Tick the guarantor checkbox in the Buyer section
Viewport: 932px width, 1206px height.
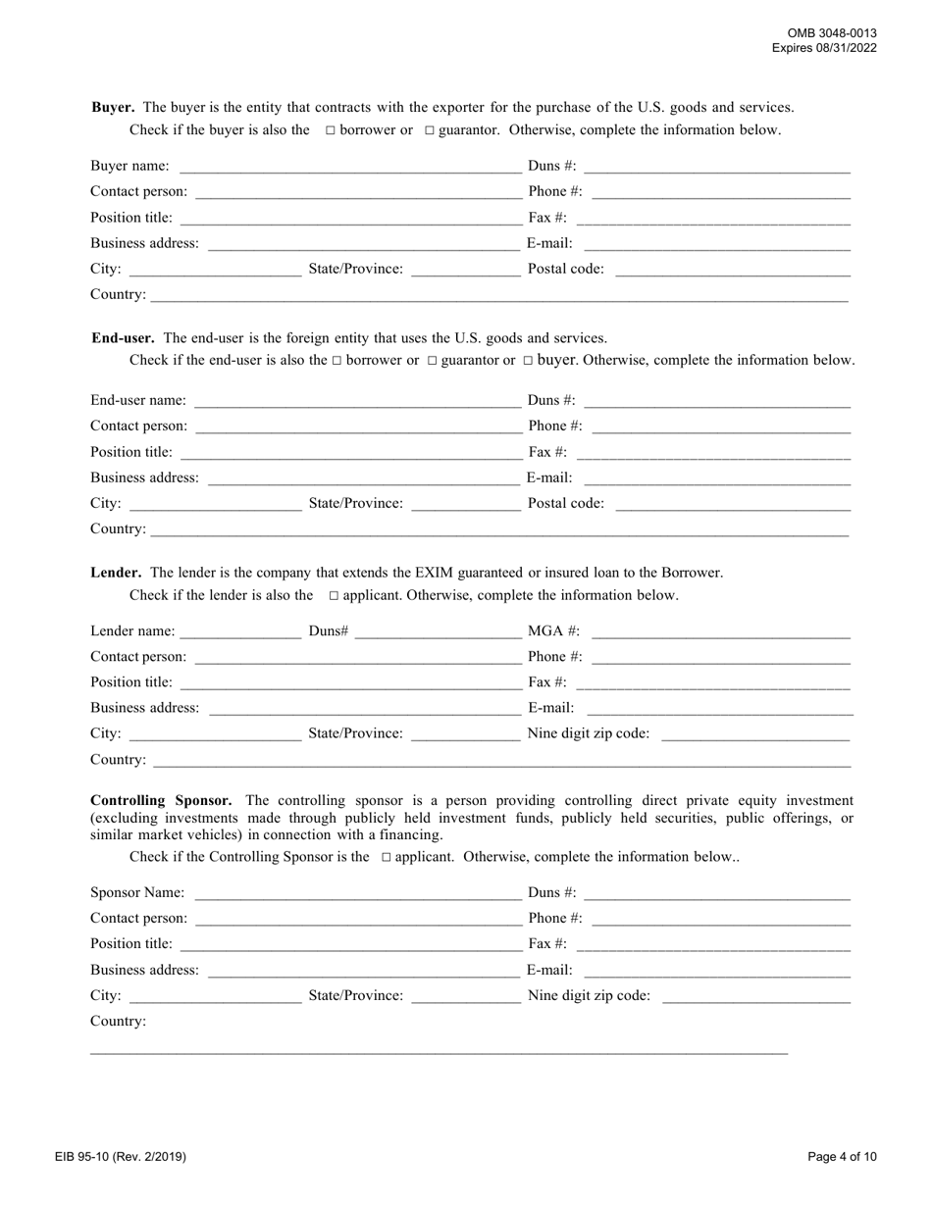429,130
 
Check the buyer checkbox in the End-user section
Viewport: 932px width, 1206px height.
528,361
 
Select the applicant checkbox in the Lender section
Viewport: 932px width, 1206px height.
334,596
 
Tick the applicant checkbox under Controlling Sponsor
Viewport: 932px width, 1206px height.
386,857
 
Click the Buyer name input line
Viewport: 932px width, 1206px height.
348,167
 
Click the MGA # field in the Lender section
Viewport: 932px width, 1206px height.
721,631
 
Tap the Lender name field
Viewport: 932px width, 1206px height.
241,631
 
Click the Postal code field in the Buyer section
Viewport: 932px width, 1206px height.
733,270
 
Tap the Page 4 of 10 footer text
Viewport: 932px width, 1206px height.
842,1157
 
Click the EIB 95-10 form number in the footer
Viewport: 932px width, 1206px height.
121,1157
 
